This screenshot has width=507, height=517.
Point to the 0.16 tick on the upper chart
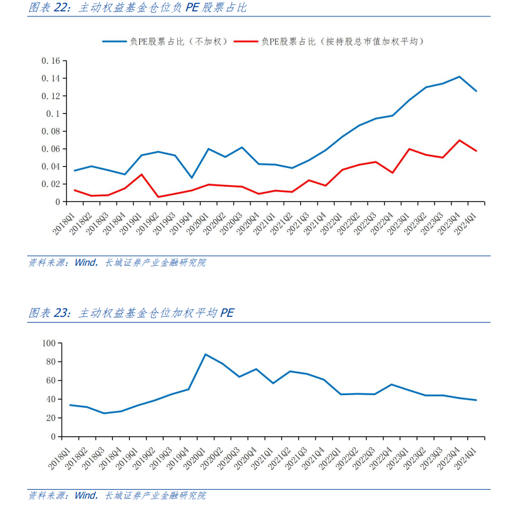(x=50, y=61)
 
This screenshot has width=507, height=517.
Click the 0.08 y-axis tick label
(x=50, y=131)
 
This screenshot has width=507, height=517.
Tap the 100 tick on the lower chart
(x=49, y=343)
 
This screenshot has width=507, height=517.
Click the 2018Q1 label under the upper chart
(x=63, y=223)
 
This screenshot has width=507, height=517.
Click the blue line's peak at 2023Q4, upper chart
(x=460, y=76)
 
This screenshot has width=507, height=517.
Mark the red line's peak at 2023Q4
(x=460, y=140)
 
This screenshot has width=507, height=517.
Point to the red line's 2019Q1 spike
(x=142, y=174)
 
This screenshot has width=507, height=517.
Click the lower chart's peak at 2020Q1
(x=206, y=354)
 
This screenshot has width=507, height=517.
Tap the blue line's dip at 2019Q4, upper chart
(x=192, y=178)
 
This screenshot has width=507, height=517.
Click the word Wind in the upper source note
(x=85, y=263)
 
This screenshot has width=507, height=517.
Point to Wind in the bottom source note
(x=85, y=496)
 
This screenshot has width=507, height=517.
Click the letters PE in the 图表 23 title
(x=227, y=312)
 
